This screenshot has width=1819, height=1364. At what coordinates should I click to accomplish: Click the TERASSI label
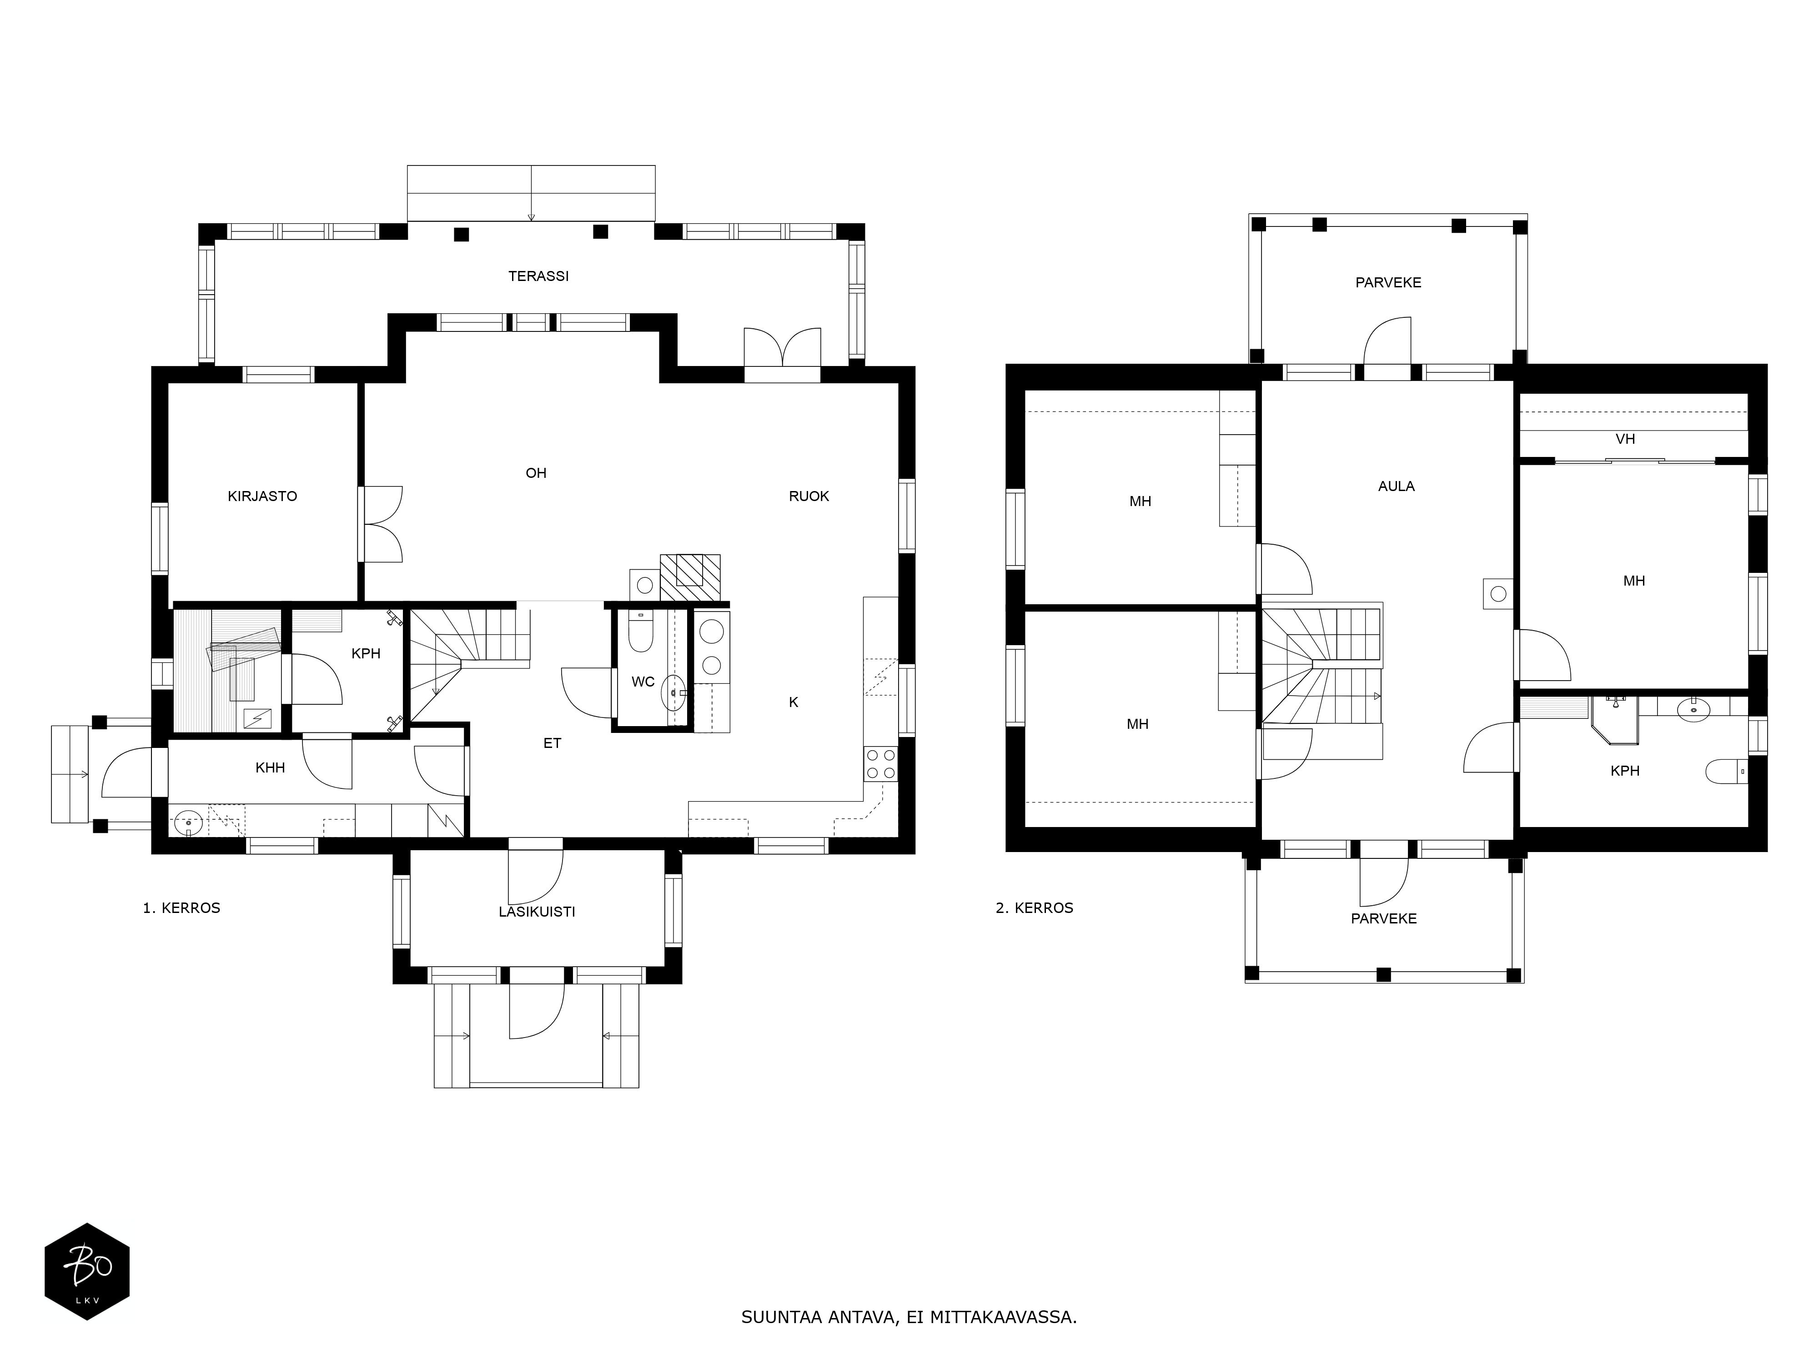tap(538, 276)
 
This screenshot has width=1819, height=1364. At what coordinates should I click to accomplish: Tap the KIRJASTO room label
tap(262, 496)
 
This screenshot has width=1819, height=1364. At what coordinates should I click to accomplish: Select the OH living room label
tap(536, 473)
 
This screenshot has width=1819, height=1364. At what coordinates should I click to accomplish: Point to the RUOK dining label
tap(809, 496)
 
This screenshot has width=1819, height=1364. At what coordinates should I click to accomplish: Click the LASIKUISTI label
tap(537, 912)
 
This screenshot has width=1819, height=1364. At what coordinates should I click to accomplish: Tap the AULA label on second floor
tap(1397, 487)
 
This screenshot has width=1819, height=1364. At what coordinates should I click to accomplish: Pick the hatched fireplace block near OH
tap(690, 577)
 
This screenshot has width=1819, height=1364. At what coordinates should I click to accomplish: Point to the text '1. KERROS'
tap(182, 908)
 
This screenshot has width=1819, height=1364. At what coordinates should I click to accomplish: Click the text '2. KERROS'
tap(1035, 908)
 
